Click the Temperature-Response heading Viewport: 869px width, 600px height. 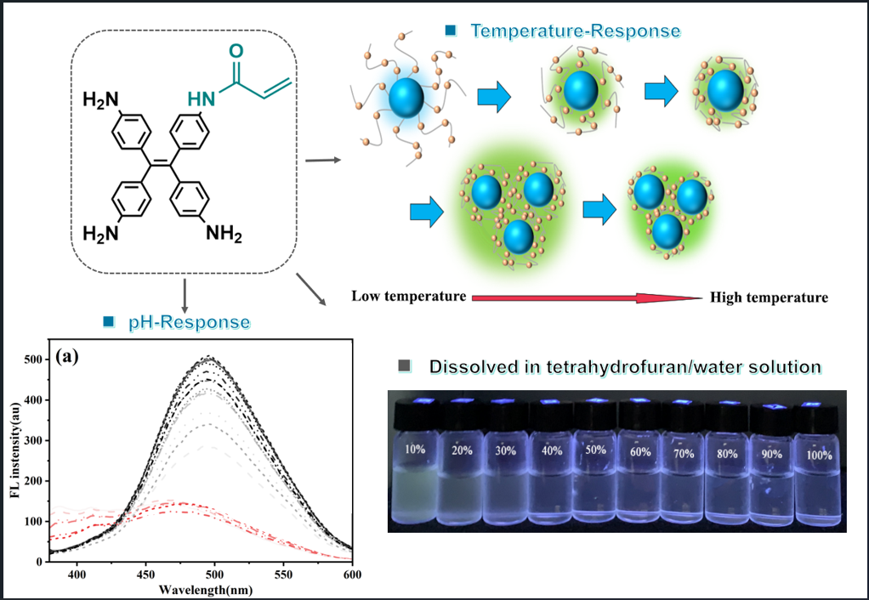pyautogui.click(x=575, y=31)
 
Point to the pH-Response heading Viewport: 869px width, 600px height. pyautogui.click(x=189, y=323)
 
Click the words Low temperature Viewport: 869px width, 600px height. pyautogui.click(x=408, y=297)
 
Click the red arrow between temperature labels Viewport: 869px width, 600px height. pyautogui.click(x=587, y=297)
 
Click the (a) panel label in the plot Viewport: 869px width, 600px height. pyautogui.click(x=67, y=356)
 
